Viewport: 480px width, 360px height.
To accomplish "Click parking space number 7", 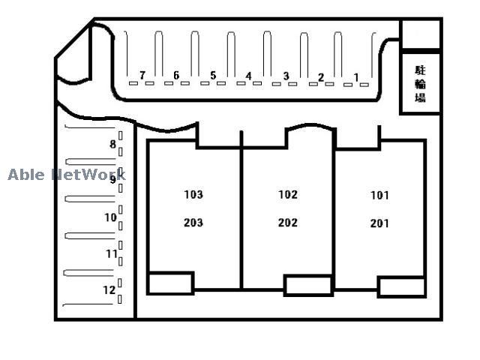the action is [142, 75].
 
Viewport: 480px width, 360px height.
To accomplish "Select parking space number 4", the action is [248, 76].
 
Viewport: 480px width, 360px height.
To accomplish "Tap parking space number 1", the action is [356, 77].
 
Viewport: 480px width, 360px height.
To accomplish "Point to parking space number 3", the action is [286, 76].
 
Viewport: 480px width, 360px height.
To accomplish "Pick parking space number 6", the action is [176, 75].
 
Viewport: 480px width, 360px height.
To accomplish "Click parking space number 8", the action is [113, 144].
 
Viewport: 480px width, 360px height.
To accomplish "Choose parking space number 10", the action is [110, 217].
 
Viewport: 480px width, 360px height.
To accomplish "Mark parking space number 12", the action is [109, 290].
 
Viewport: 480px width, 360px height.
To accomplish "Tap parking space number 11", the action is [112, 253].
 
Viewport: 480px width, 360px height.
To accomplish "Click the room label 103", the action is [193, 195].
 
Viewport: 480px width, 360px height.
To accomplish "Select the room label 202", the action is [288, 223].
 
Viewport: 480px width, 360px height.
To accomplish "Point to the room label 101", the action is [379, 195].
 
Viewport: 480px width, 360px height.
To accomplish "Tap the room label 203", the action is [193, 223].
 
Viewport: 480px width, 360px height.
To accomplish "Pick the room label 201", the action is [379, 223].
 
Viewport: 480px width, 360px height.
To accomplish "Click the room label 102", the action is [288, 195].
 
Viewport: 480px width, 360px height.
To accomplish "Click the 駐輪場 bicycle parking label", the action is [420, 84].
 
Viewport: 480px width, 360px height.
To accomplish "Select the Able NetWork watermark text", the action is [67, 175].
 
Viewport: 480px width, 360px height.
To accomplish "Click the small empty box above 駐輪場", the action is [421, 34].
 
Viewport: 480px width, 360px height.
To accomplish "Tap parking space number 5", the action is [213, 75].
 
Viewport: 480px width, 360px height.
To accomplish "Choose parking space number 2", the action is [321, 77].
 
